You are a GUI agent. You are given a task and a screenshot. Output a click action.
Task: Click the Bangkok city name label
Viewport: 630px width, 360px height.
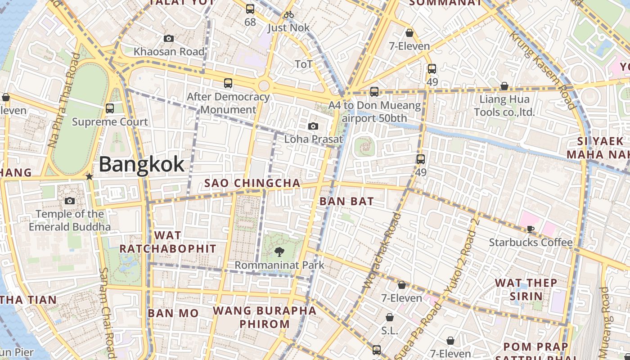(141, 164)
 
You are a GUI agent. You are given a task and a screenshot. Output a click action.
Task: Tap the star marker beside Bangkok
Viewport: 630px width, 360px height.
(89, 176)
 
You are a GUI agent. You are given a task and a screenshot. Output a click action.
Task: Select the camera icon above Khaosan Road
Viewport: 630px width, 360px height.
(169, 39)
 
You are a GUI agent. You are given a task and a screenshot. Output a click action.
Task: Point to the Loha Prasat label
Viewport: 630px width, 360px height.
(313, 139)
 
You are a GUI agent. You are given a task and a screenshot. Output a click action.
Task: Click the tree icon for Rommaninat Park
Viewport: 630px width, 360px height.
(279, 252)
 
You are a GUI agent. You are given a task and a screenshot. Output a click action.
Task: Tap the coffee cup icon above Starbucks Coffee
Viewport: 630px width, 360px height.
(531, 229)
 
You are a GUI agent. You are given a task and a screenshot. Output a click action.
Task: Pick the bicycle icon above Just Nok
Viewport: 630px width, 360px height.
(289, 15)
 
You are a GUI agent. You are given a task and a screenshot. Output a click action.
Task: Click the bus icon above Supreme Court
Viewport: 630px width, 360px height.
(110, 108)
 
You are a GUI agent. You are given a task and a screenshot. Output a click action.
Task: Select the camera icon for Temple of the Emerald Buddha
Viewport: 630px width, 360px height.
(70, 201)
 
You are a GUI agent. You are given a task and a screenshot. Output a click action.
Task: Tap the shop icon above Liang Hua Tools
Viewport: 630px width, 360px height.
(504, 86)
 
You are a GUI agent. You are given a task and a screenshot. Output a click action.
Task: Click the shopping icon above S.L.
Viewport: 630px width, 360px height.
(390, 318)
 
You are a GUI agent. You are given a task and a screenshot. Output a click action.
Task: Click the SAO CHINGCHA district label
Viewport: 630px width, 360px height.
(252, 183)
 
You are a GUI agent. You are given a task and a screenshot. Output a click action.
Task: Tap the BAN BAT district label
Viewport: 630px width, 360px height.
(346, 201)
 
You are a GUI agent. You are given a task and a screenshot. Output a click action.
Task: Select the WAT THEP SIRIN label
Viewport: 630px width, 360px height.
(526, 289)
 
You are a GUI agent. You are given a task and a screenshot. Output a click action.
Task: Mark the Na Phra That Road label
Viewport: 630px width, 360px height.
(63, 100)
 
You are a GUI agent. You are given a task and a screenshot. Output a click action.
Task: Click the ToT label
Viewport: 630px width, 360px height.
(303, 64)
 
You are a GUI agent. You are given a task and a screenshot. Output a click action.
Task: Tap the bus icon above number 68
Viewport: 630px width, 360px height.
(250, 9)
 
